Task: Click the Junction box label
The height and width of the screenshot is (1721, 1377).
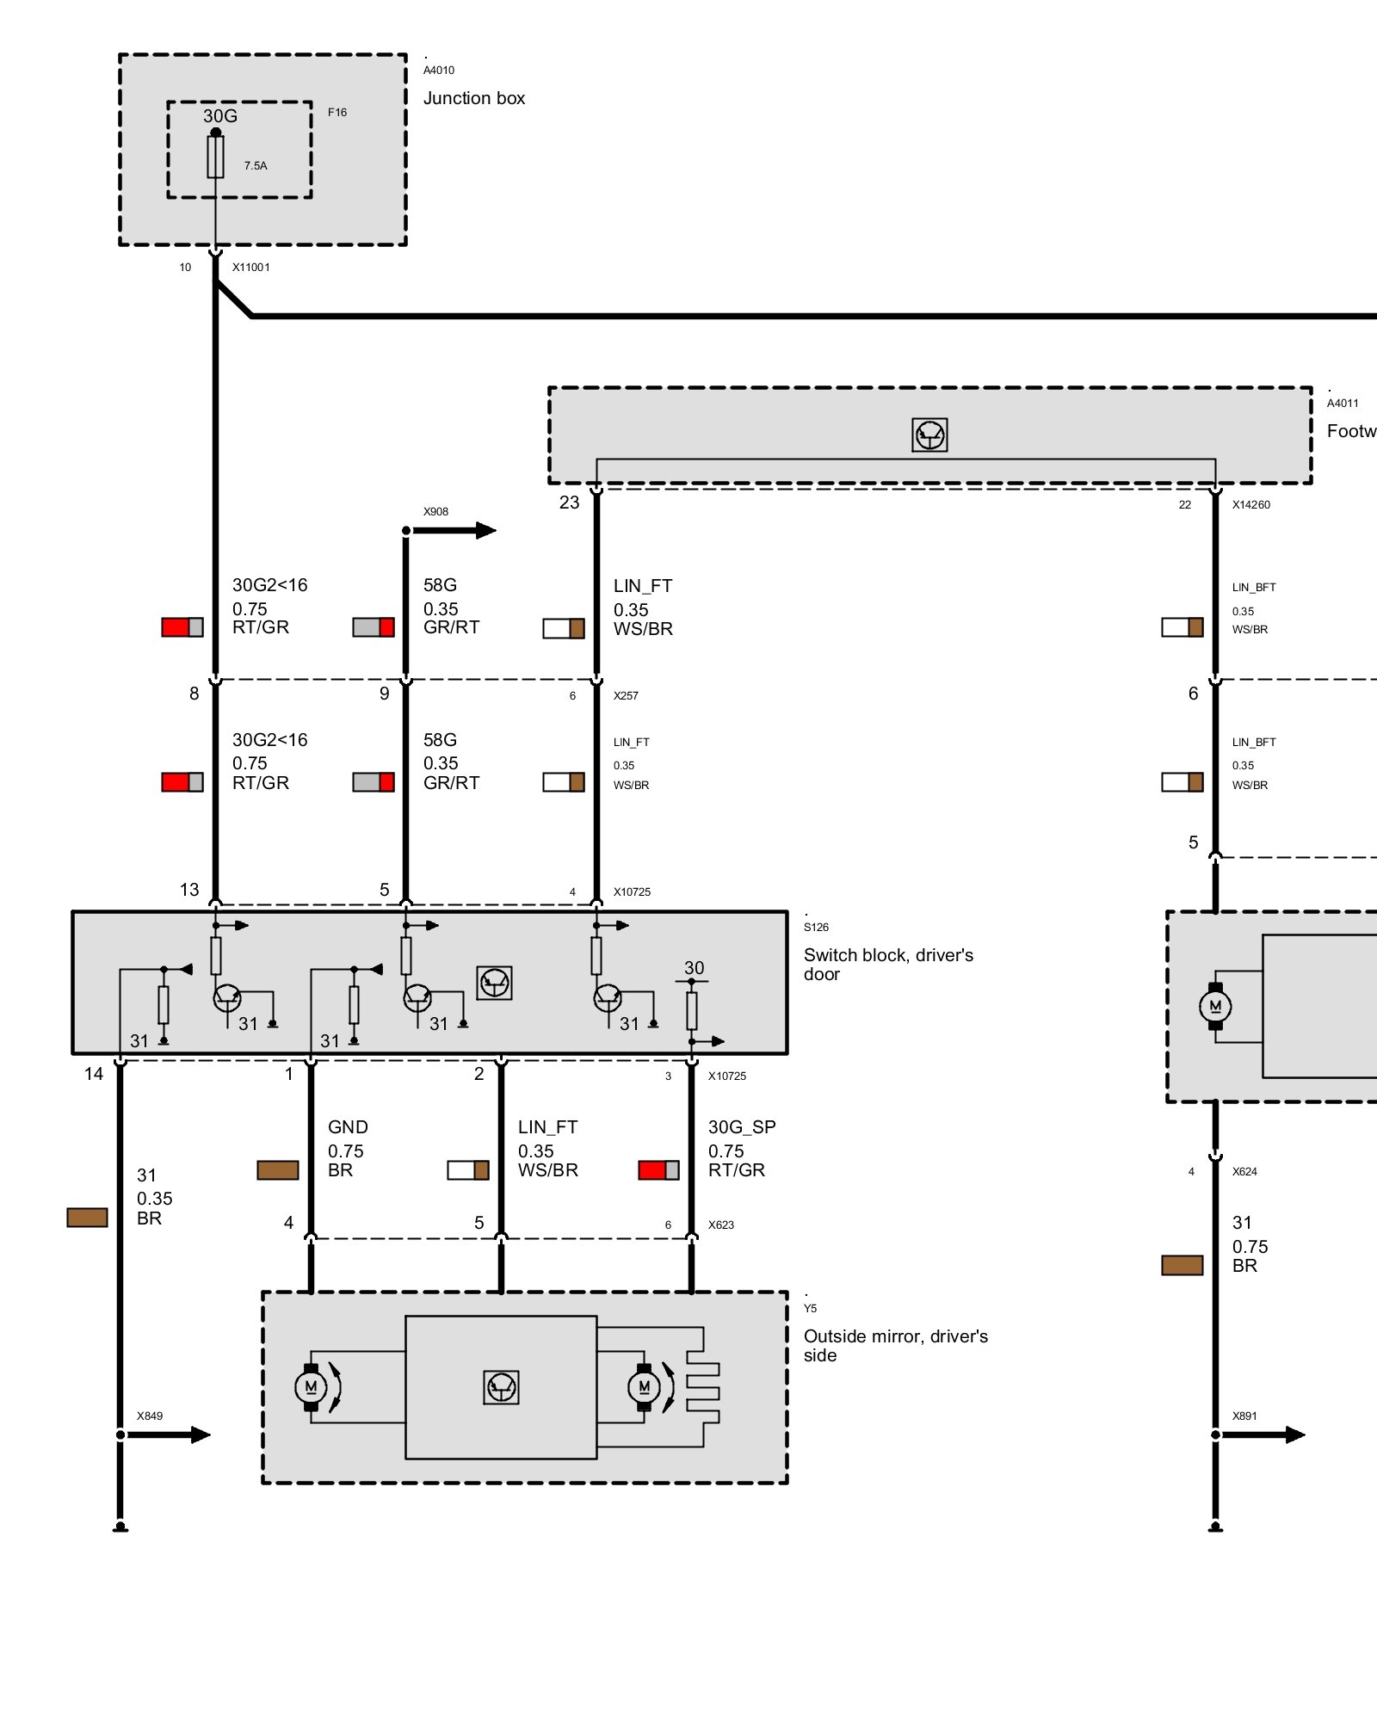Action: tap(473, 98)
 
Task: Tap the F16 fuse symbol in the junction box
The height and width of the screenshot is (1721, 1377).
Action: tap(215, 157)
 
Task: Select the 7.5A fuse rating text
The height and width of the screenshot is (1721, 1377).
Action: tap(256, 165)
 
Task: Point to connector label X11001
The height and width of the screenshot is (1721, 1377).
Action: tap(251, 267)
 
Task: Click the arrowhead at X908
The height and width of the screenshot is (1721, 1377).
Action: tap(486, 530)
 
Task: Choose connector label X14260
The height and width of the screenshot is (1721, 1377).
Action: tap(1250, 504)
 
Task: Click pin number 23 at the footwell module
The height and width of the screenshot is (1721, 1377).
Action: tap(570, 503)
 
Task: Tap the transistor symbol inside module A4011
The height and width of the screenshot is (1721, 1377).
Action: tap(929, 435)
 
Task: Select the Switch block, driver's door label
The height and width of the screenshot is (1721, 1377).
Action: tap(888, 965)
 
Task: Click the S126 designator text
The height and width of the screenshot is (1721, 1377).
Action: tap(816, 927)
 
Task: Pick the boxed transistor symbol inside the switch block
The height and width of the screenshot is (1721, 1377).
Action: tap(494, 983)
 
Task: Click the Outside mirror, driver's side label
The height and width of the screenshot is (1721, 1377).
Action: tap(895, 1346)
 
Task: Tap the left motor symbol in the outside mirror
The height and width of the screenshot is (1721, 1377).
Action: tap(311, 1386)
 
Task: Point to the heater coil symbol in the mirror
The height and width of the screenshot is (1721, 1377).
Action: tap(703, 1387)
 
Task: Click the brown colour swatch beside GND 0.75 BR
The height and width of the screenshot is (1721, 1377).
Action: tap(278, 1170)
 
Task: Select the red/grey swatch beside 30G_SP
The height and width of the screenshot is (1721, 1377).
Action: tap(658, 1170)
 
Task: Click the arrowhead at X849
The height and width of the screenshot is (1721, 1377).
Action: tap(201, 1434)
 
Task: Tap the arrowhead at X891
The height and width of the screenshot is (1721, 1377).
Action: tap(1295, 1434)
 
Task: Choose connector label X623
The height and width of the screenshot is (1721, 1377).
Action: tap(721, 1224)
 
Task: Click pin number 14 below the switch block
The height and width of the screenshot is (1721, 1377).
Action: tap(94, 1074)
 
